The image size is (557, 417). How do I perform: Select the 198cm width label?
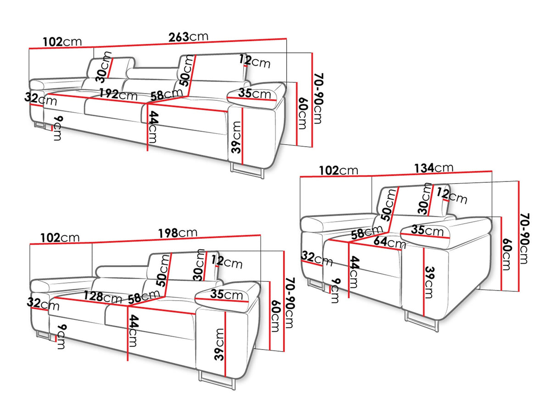pyautogui.click(x=178, y=233)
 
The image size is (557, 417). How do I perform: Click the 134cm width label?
pyautogui.click(x=434, y=168)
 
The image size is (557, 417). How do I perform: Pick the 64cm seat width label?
pyautogui.click(x=390, y=241)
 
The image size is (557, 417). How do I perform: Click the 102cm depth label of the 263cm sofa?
pyautogui.click(x=62, y=42)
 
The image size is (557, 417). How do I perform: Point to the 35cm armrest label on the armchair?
pyautogui.click(x=427, y=230)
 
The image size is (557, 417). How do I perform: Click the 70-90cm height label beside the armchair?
pyautogui.click(x=524, y=238)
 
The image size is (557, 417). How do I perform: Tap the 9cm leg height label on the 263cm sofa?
pyautogui.click(x=57, y=128)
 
